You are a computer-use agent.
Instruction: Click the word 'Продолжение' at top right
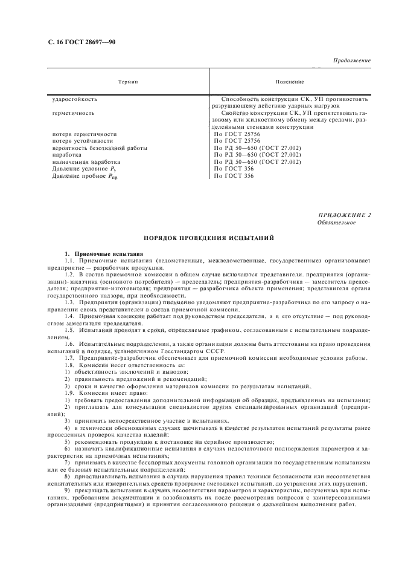[352, 61]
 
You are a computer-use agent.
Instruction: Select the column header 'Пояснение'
[289, 81]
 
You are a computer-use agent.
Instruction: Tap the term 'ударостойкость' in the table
[75, 98]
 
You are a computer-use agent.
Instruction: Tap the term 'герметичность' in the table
[74, 112]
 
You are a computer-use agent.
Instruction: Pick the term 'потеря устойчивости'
[82, 140]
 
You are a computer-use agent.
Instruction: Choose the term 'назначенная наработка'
[86, 162]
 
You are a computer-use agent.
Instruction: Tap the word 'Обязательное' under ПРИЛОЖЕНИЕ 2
[336, 223]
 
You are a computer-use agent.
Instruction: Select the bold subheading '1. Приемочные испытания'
[104, 252]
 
